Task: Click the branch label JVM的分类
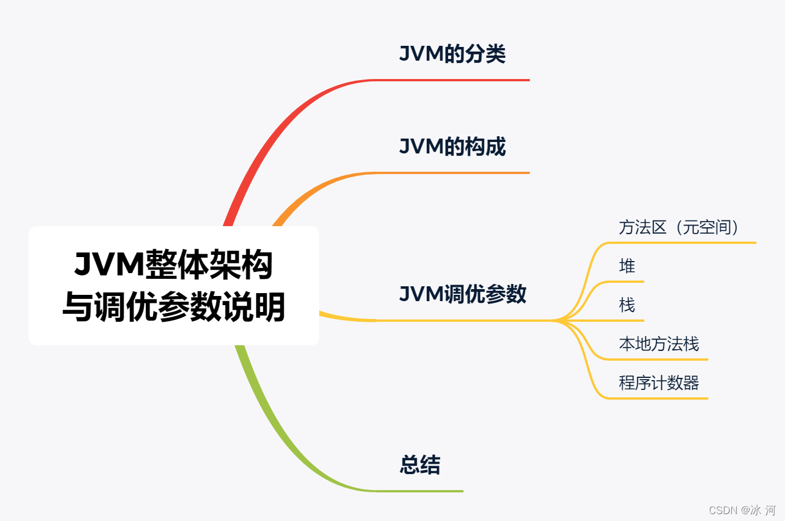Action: pyautogui.click(x=452, y=54)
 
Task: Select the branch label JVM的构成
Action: pyautogui.click(x=452, y=147)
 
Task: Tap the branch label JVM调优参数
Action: pyautogui.click(x=462, y=294)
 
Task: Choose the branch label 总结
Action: pyautogui.click(x=420, y=465)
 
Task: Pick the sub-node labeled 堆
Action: pyautogui.click(x=627, y=266)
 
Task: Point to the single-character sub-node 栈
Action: pyautogui.click(x=627, y=305)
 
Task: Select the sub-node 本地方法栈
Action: pyautogui.click(x=659, y=344)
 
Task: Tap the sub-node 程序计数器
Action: pyautogui.click(x=659, y=383)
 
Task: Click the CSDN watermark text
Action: pyautogui.click(x=742, y=510)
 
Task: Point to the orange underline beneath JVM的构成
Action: pyautogui.click(x=458, y=172)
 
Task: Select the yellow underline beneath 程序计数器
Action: pyautogui.click(x=658, y=398)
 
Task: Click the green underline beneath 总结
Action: pyautogui.click(x=423, y=491)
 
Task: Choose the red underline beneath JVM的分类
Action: pyautogui.click(x=458, y=80)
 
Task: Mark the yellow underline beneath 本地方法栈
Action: pyautogui.click(x=658, y=359)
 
